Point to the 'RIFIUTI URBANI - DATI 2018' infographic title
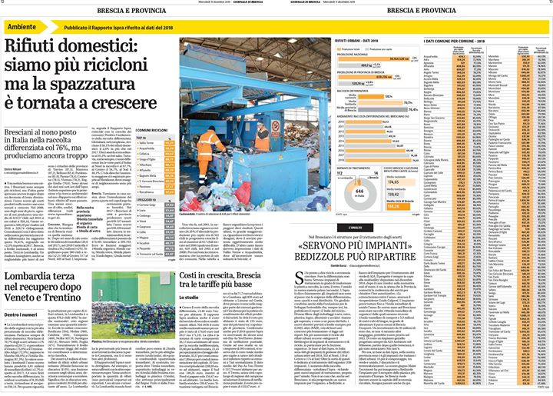click(364, 38)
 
